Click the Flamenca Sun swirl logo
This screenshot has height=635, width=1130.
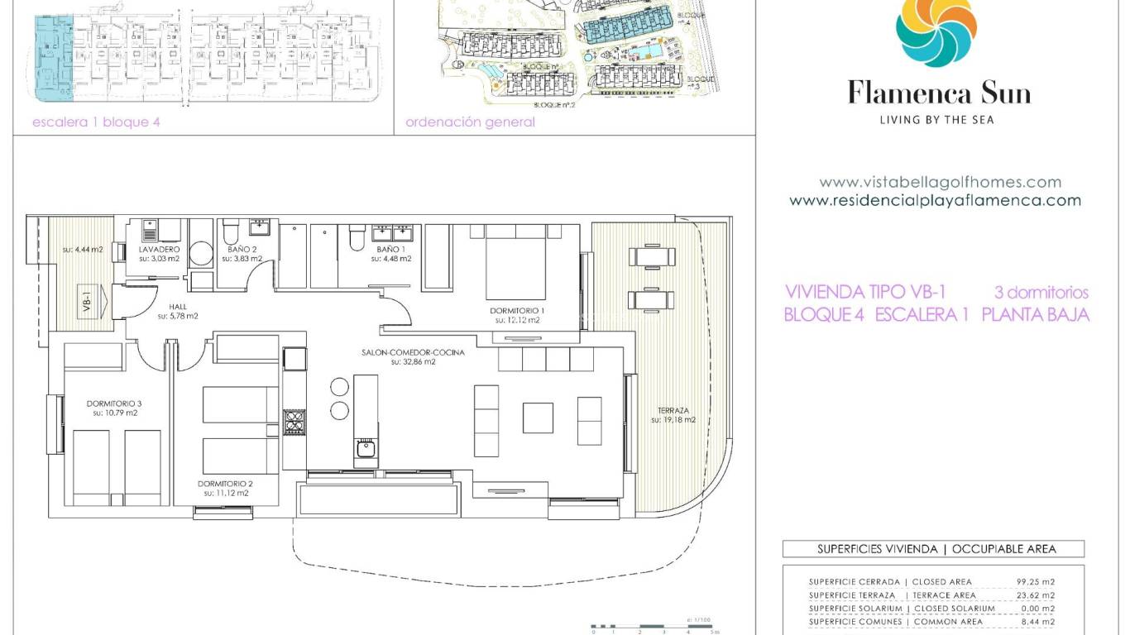point(936,31)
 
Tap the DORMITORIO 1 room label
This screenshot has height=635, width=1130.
point(517,311)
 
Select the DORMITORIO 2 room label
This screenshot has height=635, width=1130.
point(225,484)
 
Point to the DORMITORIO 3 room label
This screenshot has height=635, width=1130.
point(114,403)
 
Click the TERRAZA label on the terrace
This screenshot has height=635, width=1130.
point(673,410)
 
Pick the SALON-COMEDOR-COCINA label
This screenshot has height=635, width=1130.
point(413,352)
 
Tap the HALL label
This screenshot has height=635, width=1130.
point(177,307)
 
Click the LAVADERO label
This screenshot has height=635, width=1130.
point(155,249)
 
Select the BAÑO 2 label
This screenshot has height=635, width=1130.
point(242,249)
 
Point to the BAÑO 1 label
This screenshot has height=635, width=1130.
point(390,249)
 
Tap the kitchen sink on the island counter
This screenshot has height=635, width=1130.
point(365,449)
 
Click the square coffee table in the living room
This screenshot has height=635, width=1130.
point(538,418)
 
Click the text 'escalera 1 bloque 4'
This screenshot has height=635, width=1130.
point(95,122)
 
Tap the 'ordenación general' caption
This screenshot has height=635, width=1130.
point(470,122)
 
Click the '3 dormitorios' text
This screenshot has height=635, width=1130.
point(1041,293)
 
